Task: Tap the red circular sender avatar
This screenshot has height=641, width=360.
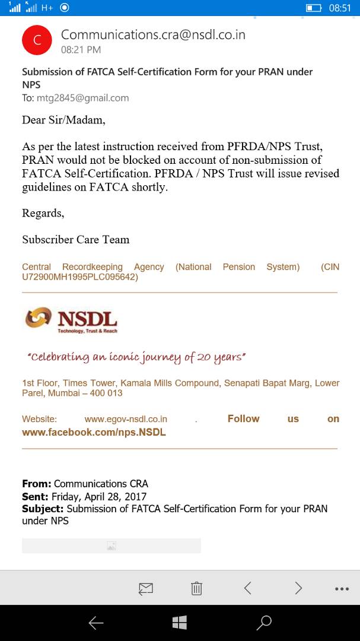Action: (37, 40)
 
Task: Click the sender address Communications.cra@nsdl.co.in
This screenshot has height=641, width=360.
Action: (153, 35)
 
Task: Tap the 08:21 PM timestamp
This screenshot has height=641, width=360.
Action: (81, 50)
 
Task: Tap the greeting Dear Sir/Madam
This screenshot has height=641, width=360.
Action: (63, 120)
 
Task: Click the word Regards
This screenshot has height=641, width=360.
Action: (43, 213)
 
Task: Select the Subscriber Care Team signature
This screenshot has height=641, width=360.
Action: (75, 240)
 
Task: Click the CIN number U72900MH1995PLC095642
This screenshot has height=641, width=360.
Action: (79, 277)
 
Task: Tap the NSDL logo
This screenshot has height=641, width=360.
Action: (71, 320)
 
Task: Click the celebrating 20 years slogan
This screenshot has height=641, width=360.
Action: (136, 357)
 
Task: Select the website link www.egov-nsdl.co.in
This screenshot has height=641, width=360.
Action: (126, 419)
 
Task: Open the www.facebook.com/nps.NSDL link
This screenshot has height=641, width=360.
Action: (94, 432)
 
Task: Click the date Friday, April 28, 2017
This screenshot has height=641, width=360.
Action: (99, 497)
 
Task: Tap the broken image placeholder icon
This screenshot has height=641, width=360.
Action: (111, 546)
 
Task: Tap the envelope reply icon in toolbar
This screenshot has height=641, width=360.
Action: (145, 588)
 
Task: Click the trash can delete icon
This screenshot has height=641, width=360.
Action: (196, 588)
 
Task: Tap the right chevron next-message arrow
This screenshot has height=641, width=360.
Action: (298, 588)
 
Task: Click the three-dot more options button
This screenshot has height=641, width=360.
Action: (342, 589)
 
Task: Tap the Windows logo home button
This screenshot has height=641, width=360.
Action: (180, 622)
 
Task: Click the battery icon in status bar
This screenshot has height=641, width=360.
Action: (313, 8)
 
